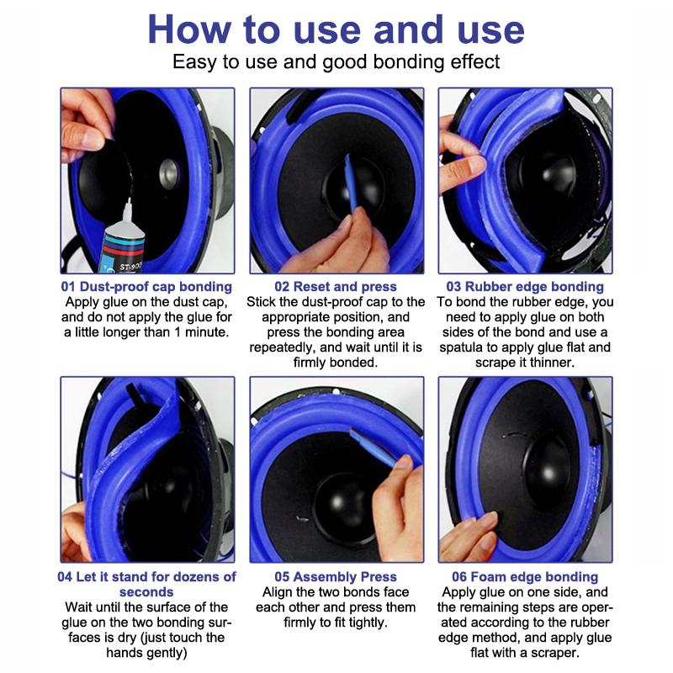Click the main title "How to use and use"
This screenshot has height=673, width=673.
coord(336,29)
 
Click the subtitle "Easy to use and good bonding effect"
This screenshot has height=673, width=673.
coord(336,61)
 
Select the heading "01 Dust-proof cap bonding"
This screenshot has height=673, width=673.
coord(146,286)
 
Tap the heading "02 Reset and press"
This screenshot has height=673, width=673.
coord(336,286)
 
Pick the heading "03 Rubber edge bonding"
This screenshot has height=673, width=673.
coord(525,286)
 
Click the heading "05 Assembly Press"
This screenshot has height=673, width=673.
coord(336,576)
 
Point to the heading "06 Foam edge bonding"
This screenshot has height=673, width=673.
coord(525,576)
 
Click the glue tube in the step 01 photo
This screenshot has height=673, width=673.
coord(122,241)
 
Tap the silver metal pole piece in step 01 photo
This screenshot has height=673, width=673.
coord(168,174)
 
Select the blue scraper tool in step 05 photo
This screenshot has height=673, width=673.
coord(373,448)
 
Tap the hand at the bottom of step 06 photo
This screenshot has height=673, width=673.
coord(468,537)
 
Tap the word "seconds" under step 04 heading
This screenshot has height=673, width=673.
coord(146,592)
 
